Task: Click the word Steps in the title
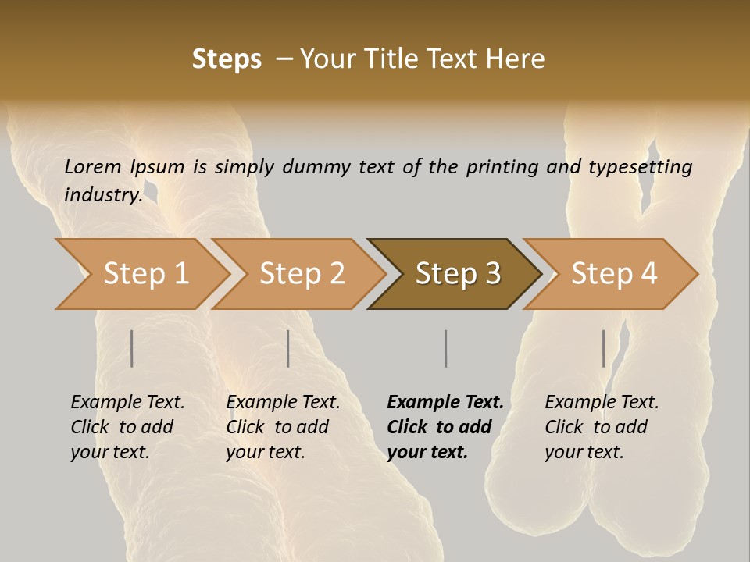coord(227,59)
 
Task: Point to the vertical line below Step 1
coord(132,348)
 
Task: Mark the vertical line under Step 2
coord(288,348)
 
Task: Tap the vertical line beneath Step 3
coord(445,348)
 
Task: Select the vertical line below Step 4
coord(603,348)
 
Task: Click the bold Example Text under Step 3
coord(445,403)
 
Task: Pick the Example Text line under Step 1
coord(127,403)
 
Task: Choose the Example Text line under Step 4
coord(602,403)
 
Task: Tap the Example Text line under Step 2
coord(283,403)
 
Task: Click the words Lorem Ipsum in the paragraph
coord(124,167)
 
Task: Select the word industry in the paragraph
coord(102,194)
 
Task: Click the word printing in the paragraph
coord(502,167)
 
